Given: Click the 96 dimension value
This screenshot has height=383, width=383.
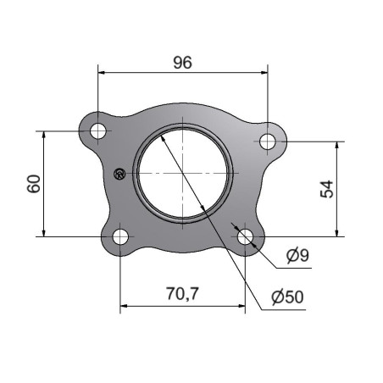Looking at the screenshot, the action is [182, 63].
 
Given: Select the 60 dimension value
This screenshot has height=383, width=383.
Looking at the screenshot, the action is [34, 184].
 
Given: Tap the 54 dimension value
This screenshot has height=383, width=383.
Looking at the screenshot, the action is [327, 189].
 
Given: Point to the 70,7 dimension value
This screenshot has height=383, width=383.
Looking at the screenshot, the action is [182, 293].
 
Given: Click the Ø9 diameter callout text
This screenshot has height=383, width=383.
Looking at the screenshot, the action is [297, 255].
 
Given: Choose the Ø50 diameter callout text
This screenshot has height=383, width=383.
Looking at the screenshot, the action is [287, 297].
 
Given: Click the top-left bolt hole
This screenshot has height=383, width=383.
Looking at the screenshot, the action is [98, 131].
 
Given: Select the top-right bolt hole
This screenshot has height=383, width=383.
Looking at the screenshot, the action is [268, 142].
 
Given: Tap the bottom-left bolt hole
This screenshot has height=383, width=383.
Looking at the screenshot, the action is [120, 236].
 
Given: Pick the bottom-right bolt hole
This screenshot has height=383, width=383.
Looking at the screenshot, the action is [245, 236].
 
